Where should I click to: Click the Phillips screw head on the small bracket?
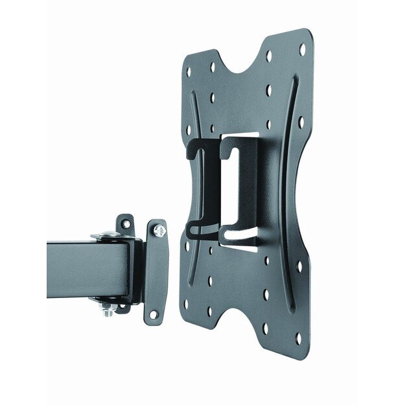pos(159,230)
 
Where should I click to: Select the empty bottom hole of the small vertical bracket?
pos(154,314)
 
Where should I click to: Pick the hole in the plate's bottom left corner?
pos(187,302)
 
